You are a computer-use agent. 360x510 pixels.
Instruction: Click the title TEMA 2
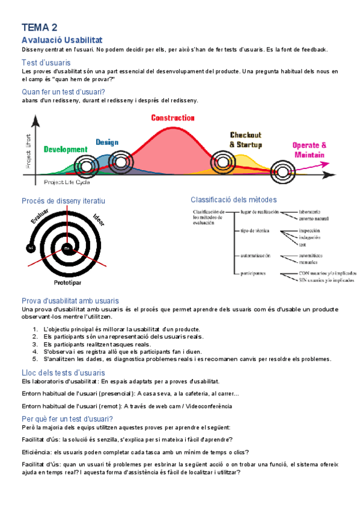[x=40, y=27]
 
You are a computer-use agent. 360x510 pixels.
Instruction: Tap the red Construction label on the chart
[x=172, y=118]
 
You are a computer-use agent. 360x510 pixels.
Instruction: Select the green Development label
[x=66, y=149]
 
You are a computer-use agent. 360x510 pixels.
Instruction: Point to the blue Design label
[x=107, y=143]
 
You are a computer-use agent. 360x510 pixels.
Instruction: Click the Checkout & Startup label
[x=245, y=140]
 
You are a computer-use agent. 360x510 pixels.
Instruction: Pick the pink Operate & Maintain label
[x=309, y=150]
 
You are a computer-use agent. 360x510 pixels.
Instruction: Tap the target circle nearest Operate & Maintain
[x=282, y=172]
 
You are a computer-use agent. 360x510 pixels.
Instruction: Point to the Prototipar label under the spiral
[x=68, y=281]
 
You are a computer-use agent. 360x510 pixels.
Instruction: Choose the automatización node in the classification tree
[x=255, y=256]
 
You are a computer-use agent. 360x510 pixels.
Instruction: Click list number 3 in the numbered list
[x=35, y=344]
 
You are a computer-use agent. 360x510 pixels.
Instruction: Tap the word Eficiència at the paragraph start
[x=35, y=452]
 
